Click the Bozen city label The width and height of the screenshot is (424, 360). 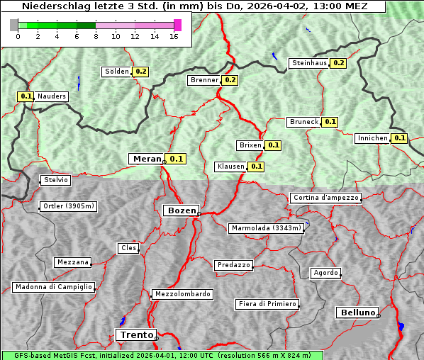(x=181, y=210)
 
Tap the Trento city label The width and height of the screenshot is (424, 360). (x=135, y=334)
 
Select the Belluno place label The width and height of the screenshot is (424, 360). (x=357, y=312)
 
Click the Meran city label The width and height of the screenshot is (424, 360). (x=146, y=159)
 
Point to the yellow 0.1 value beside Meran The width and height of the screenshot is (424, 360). (x=176, y=159)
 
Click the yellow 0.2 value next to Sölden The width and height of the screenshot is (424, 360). (x=140, y=72)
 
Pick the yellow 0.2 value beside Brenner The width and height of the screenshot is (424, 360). (x=229, y=80)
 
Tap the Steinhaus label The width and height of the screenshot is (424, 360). (x=309, y=63)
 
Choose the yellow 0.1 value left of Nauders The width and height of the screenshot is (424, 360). (x=26, y=96)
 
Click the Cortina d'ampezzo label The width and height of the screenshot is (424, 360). (x=325, y=198)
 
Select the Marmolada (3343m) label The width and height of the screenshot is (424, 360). (x=267, y=228)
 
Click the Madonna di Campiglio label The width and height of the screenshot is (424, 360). (x=53, y=287)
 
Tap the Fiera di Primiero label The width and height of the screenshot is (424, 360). (x=267, y=304)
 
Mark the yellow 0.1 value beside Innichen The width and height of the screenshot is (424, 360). (x=399, y=138)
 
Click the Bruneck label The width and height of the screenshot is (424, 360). (x=304, y=122)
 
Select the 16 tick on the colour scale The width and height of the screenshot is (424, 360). (x=173, y=36)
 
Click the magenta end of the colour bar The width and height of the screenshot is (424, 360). (x=177, y=25)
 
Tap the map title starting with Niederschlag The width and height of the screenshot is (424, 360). (x=193, y=6)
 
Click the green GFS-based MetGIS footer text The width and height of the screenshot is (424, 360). (x=162, y=355)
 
